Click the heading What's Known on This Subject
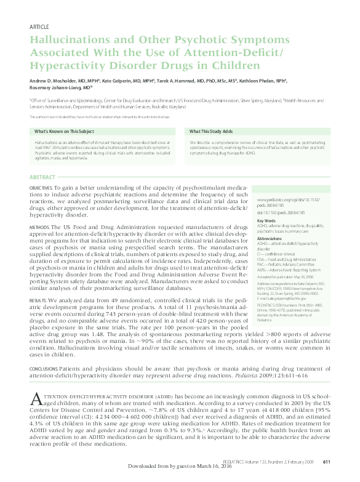(x=64, y=132)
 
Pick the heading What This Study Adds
(x=211, y=132)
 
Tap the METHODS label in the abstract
(x=39, y=227)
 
